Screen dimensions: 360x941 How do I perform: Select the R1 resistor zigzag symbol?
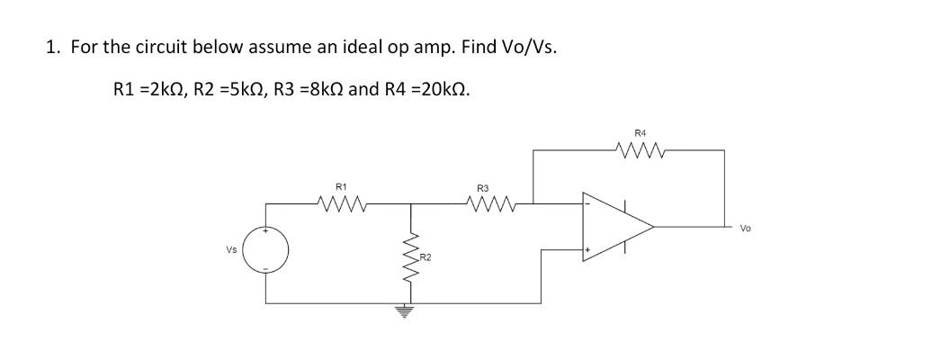tap(341, 204)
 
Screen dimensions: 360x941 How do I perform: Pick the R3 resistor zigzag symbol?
tap(488, 204)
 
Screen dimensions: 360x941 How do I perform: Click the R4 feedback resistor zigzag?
tap(640, 150)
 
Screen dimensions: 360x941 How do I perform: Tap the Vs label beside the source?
tap(232, 248)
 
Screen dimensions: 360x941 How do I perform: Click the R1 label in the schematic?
tap(341, 186)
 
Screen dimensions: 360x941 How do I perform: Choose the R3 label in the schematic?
tap(482, 188)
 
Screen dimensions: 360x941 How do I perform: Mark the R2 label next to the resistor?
tap(426, 258)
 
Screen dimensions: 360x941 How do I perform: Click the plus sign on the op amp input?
tap(589, 250)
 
